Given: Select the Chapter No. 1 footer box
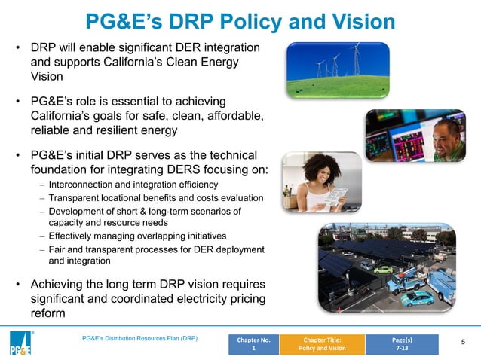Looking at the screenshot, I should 254,344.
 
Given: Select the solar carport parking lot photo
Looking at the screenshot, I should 387,267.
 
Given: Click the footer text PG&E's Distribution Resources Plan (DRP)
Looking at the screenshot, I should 139,339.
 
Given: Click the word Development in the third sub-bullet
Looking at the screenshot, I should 79,212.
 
